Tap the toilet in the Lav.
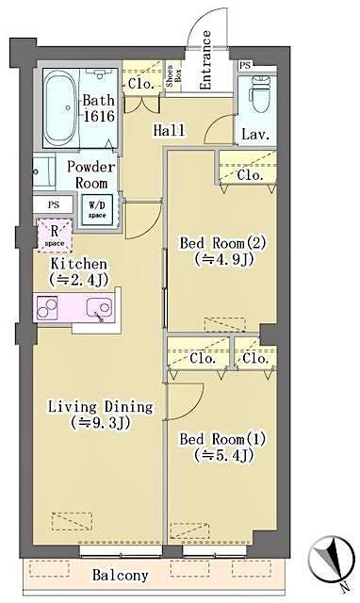[x=255, y=96]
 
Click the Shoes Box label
[x=174, y=76]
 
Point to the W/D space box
[x=98, y=208]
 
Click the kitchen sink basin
[x=96, y=307]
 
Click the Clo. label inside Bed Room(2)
[x=250, y=175]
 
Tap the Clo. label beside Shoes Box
[x=141, y=84]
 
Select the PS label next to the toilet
[x=245, y=65]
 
